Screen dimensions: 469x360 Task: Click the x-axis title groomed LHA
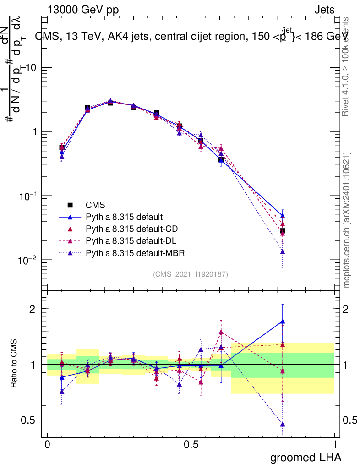click(305, 457)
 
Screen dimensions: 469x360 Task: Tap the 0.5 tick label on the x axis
click(191, 445)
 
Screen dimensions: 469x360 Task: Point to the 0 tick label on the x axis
click(48, 445)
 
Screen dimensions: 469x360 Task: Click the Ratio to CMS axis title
click(15, 364)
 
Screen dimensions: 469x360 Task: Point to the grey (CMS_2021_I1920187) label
click(191, 274)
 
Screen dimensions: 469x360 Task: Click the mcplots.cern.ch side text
click(347, 220)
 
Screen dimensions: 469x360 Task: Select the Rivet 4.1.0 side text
click(347, 66)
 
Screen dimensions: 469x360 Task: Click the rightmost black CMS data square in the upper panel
click(283, 231)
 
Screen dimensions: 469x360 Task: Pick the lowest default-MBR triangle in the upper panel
click(283, 252)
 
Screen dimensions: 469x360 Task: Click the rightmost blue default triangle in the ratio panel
click(283, 322)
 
